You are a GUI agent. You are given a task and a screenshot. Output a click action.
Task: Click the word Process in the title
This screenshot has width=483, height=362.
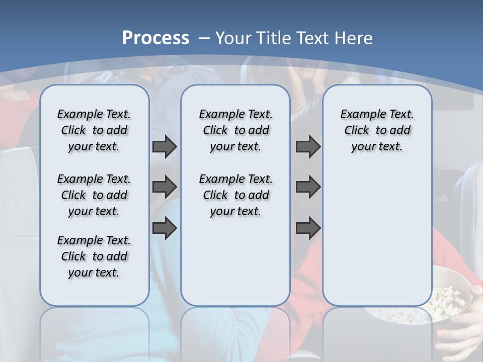[x=155, y=38]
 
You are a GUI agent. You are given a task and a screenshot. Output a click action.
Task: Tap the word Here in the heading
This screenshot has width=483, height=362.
[x=354, y=38]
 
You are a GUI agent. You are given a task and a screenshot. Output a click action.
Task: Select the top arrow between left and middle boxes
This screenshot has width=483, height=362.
[x=165, y=146]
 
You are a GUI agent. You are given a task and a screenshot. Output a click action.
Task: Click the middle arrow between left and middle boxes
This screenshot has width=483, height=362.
[x=165, y=187]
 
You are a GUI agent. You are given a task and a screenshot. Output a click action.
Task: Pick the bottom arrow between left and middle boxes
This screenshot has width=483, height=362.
[x=165, y=228]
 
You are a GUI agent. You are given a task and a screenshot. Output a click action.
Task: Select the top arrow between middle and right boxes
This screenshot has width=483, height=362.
[x=308, y=146]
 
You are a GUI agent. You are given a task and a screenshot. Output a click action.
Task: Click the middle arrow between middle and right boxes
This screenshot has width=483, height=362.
[x=308, y=187]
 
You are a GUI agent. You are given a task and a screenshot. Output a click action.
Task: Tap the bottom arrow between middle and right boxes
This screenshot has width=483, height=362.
[x=308, y=228]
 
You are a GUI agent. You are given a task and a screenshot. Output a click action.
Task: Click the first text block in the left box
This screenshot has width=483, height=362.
[x=94, y=130]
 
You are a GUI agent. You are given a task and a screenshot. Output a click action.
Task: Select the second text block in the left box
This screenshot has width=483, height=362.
[x=94, y=195]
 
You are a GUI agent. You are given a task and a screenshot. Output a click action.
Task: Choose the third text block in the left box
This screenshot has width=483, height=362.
[x=94, y=256]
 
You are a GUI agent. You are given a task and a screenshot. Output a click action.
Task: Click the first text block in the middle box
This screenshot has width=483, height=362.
[x=235, y=130]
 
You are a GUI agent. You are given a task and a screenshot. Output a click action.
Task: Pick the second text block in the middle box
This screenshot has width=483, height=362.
[x=235, y=195]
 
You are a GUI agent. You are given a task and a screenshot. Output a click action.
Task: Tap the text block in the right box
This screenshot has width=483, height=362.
[x=377, y=130]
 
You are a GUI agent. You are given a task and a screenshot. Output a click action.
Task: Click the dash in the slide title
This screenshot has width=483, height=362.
[x=205, y=38]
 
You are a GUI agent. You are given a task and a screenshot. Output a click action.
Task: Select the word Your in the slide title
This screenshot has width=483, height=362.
[x=233, y=38]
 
